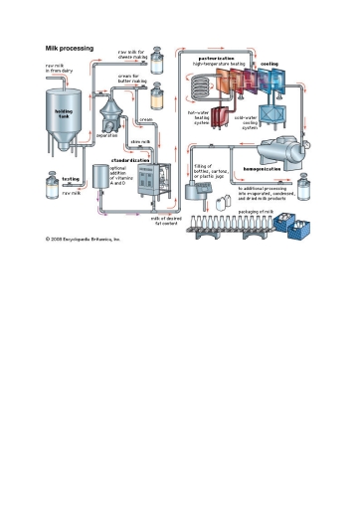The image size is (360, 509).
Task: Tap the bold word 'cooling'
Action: tap(270, 64)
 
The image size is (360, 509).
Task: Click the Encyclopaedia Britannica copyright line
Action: tap(83, 240)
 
